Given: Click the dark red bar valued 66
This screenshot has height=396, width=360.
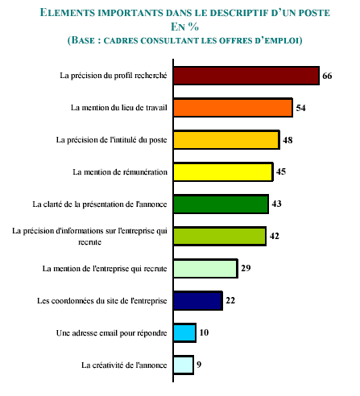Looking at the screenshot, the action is [246, 76].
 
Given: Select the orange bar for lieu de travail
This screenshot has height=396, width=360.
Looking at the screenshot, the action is [233, 108].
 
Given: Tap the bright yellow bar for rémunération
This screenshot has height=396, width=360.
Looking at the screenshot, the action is [223, 172].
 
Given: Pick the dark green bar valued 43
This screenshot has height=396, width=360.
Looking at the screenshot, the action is [221, 204].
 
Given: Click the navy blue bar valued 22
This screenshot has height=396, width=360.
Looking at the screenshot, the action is [198, 301].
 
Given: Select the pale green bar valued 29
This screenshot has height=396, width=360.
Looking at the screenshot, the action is [205, 269].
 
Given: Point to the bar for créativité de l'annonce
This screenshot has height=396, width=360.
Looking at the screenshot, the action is [184, 365].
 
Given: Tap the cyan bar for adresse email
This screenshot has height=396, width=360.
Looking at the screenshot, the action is [184, 333].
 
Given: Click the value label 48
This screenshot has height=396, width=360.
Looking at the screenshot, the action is [288, 140].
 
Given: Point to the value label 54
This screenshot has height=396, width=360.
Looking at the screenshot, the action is [300, 108].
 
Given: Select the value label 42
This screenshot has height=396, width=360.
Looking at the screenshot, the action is [274, 236].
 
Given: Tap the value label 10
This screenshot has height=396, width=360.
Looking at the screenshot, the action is [204, 332].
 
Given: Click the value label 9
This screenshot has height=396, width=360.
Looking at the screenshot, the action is [199, 365].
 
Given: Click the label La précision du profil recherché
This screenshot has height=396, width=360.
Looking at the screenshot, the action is [114, 76].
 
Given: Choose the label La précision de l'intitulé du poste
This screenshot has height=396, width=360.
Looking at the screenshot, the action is [111, 140].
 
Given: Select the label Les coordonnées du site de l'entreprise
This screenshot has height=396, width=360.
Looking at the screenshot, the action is [102, 301].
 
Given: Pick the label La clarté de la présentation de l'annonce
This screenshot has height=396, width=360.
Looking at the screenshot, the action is [100, 204].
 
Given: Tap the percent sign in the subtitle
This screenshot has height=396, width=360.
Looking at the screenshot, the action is [193, 27].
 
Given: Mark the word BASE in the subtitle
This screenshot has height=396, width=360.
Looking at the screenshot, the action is [83, 40].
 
